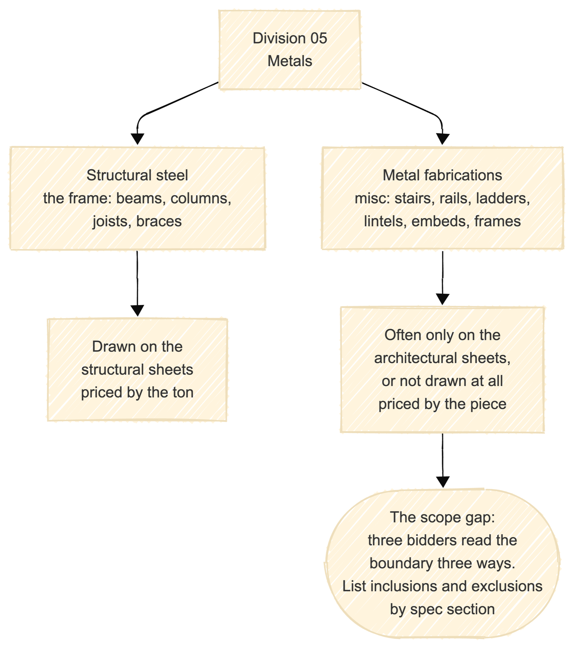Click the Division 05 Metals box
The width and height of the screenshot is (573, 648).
290,50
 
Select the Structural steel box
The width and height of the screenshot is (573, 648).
138,198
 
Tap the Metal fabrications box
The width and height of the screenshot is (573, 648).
443,198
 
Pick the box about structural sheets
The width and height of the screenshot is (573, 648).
138,369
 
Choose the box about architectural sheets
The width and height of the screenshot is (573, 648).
443,369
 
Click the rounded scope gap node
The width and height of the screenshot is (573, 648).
443,563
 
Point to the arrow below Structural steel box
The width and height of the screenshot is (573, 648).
138,283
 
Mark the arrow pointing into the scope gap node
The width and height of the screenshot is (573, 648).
443,460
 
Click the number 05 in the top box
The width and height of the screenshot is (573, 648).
319,38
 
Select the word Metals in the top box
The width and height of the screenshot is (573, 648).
290,61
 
